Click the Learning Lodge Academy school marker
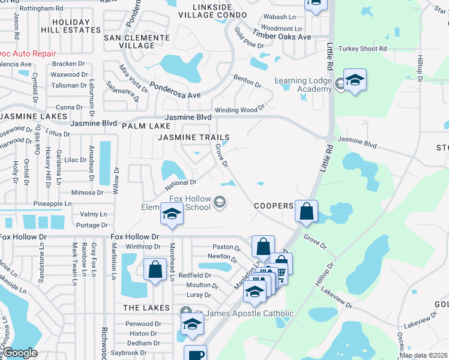click(x=355, y=82)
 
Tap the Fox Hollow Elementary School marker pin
click(x=171, y=215)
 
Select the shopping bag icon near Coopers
click(x=306, y=212)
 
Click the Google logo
click(x=20, y=353)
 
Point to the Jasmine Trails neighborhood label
click(x=194, y=137)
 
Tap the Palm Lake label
click(x=142, y=127)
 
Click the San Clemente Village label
click(x=137, y=41)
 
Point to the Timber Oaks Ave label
click(x=282, y=36)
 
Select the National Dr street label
click(x=181, y=183)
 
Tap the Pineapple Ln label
click(x=57, y=204)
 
